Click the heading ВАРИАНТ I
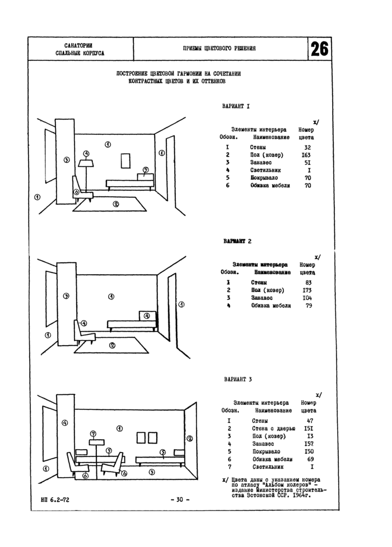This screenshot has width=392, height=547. [x=236, y=105]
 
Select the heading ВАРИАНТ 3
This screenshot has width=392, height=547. [x=237, y=379]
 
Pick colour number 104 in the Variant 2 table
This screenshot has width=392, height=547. [x=306, y=298]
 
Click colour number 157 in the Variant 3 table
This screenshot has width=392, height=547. [x=309, y=444]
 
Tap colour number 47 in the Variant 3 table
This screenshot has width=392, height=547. [x=310, y=420]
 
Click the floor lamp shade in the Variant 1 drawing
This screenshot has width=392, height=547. [x=86, y=163]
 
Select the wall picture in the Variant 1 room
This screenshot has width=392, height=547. [x=125, y=161]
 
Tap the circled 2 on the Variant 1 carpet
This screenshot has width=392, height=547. [x=115, y=204]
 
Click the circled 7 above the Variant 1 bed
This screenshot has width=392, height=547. [x=145, y=169]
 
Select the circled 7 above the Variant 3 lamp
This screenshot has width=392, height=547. [x=94, y=433]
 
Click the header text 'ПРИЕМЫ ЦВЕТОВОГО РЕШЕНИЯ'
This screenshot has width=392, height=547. [x=220, y=49]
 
